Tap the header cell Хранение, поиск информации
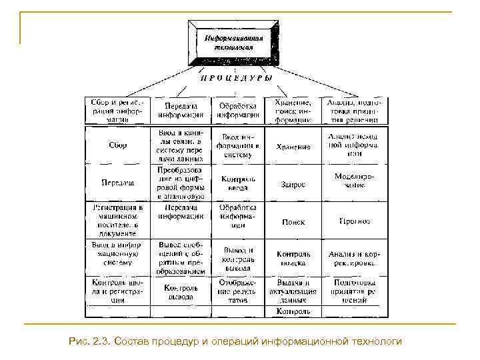click(293, 111)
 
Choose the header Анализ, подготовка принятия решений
click(353, 111)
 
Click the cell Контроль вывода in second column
click(180, 293)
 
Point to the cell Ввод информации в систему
click(237, 145)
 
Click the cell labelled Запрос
click(293, 184)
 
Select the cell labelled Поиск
click(293, 221)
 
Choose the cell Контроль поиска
click(293, 258)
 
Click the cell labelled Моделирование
click(353, 181)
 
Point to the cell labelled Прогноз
click(353, 221)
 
